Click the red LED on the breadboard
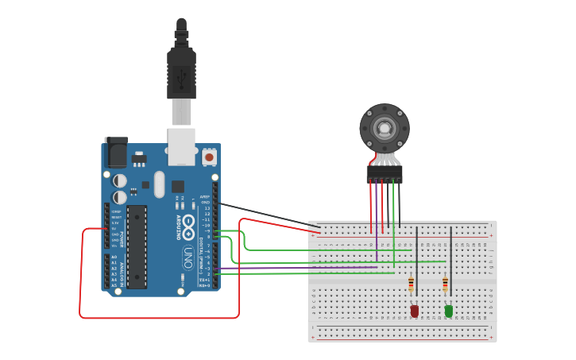click(x=414, y=311)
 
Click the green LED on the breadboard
click(x=449, y=311)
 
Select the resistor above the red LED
click(x=411, y=284)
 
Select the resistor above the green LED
click(x=445, y=284)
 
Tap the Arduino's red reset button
click(x=209, y=157)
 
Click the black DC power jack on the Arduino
click(x=116, y=151)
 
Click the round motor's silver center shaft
click(x=385, y=127)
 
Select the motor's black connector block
click(x=385, y=172)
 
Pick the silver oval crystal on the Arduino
click(x=159, y=184)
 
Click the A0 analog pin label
click(x=114, y=257)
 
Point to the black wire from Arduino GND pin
click(x=266, y=215)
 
